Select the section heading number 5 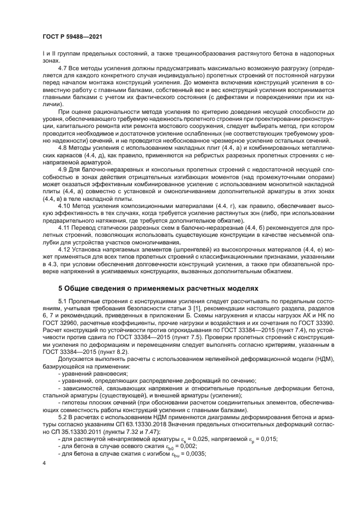click(61, 289)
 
